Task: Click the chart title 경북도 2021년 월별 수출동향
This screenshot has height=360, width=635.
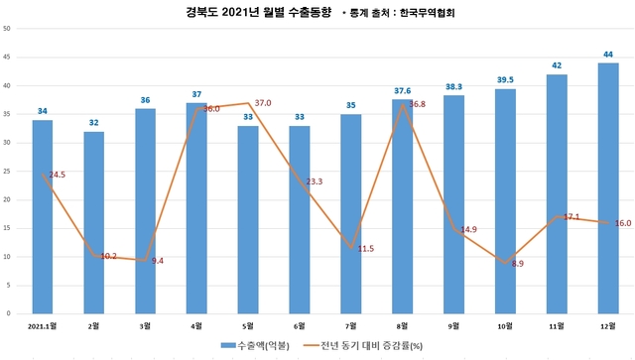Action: coord(243,13)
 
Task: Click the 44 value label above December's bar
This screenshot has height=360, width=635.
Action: coord(607,54)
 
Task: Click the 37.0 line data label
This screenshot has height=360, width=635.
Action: coord(262,103)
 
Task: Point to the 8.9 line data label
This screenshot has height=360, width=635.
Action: coord(518,264)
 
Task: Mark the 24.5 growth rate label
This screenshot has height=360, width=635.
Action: coord(55,175)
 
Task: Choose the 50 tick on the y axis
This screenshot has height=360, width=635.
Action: coord(7,29)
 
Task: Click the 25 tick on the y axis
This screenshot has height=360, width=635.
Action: coord(7,172)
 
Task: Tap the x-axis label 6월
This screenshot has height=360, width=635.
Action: coord(300,323)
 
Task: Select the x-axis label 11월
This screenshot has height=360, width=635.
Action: coord(556,323)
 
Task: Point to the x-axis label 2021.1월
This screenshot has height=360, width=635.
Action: coord(43,323)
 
